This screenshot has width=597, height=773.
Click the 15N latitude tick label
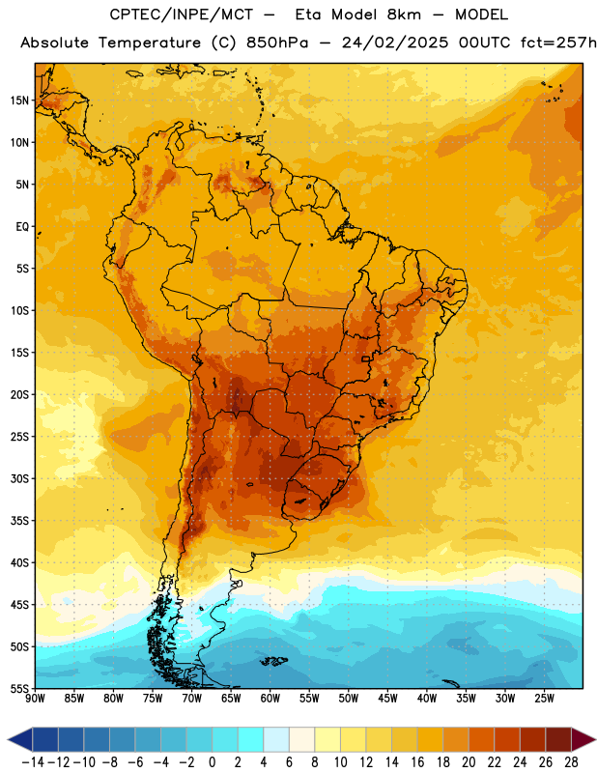[x=19, y=100]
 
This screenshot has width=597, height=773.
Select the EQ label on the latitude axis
[x=22, y=227]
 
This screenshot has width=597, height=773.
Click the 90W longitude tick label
[x=35, y=698]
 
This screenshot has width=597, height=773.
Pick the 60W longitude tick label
[x=270, y=698]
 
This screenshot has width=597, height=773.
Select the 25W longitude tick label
[x=544, y=698]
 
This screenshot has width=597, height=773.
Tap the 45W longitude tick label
[x=387, y=698]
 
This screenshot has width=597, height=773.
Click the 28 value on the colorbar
[x=571, y=762]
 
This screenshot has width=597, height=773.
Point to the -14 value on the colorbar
[x=33, y=762]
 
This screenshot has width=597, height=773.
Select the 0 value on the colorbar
[x=212, y=762]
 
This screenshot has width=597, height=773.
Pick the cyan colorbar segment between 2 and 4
[x=250, y=739]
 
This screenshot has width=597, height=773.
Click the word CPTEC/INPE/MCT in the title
[x=182, y=14]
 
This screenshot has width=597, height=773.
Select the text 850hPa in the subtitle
[x=277, y=43]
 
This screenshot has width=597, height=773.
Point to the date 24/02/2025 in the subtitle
[x=395, y=43]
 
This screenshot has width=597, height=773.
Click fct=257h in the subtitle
[x=558, y=43]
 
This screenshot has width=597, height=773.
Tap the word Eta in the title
[x=309, y=14]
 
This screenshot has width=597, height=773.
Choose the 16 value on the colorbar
[x=417, y=762]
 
